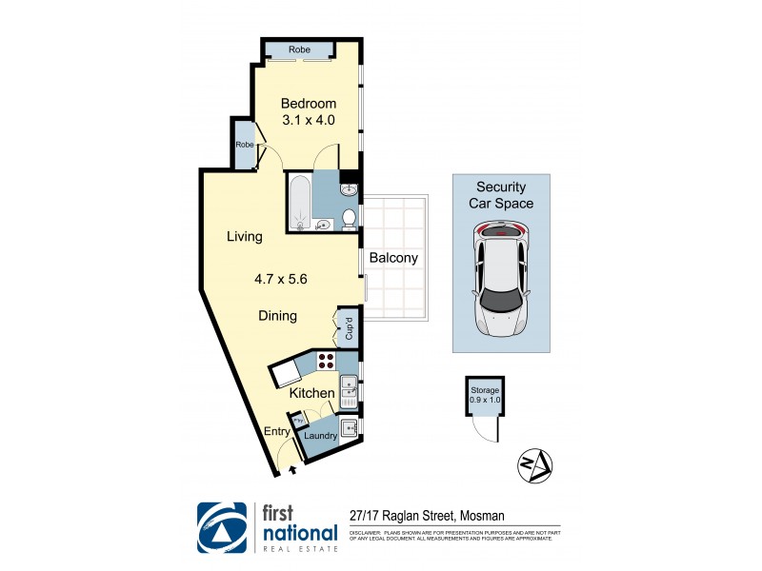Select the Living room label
point(244,236)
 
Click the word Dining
point(278,316)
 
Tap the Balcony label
point(394,258)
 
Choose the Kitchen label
point(312,393)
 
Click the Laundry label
point(321,436)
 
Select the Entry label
point(277,431)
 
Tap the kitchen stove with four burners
point(326,361)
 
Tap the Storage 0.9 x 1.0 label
point(484,395)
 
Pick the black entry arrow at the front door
point(292,468)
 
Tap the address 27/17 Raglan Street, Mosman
point(427,517)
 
